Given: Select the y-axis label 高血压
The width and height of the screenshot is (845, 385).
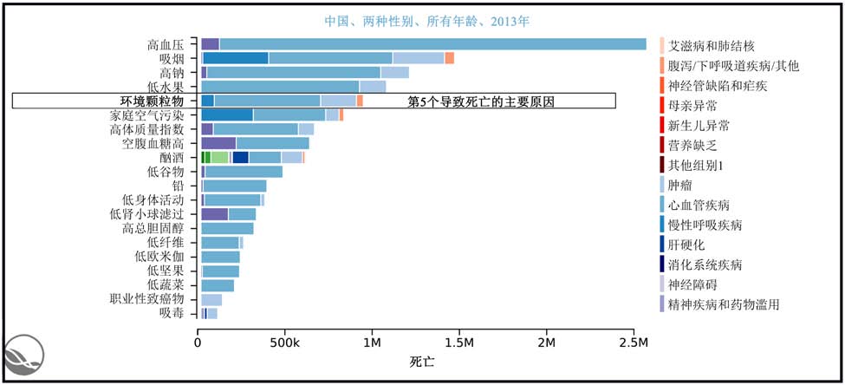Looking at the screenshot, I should pyautogui.click(x=166, y=44).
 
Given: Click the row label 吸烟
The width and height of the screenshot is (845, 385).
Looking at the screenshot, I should pyautogui.click(x=172, y=58).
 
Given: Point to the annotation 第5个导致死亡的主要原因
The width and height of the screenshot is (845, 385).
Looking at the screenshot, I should pyautogui.click(x=481, y=101).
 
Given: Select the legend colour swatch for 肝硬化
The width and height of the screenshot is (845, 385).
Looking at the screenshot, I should pyautogui.click(x=662, y=245).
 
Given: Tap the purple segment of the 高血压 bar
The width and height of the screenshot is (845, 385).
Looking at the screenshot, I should pyautogui.click(x=210, y=44).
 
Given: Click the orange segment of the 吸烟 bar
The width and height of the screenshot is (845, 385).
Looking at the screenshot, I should pyautogui.click(x=449, y=58).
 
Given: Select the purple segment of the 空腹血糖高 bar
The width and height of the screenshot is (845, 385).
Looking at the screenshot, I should pyautogui.click(x=218, y=143).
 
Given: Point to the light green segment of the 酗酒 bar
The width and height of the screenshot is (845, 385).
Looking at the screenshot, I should pyautogui.click(x=219, y=157).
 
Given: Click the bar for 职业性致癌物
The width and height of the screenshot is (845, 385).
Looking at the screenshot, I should pyautogui.click(x=211, y=299).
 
